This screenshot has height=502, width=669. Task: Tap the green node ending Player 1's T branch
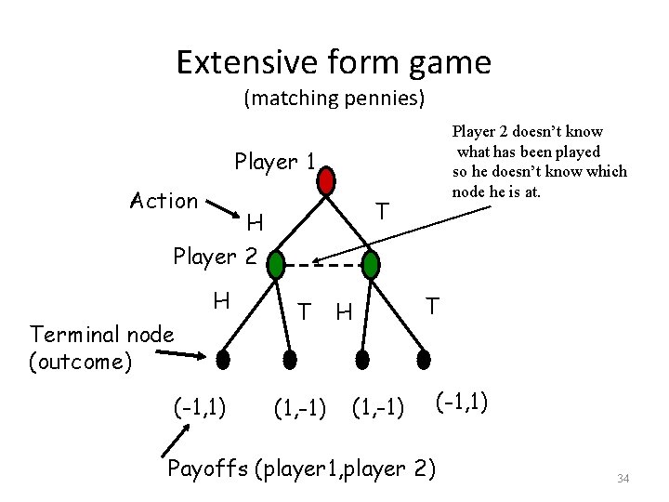click(370, 266)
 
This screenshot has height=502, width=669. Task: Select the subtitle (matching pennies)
click(334, 97)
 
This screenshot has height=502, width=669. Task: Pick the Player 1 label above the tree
click(275, 162)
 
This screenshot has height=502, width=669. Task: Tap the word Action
click(164, 201)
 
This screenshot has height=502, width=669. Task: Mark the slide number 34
click(623, 479)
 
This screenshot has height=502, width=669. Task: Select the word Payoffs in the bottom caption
click(204, 467)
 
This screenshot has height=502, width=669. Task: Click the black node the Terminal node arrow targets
click(222, 357)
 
